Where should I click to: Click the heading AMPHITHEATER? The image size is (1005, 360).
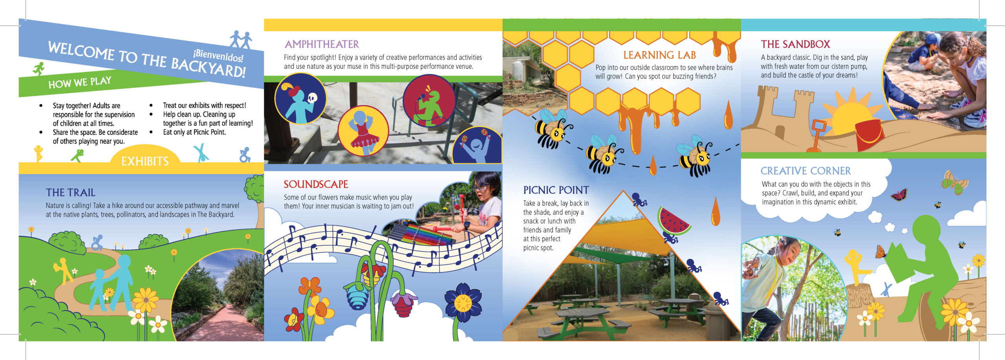(x=322, y=44)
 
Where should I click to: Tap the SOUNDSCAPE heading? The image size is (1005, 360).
(x=316, y=184)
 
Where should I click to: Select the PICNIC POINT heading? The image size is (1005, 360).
(x=556, y=190)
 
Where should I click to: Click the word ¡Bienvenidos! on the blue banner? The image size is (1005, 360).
(x=218, y=56)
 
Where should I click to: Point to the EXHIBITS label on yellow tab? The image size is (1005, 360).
(x=145, y=161)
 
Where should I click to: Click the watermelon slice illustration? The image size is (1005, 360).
(x=674, y=221)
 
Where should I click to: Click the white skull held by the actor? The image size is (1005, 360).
(x=312, y=98)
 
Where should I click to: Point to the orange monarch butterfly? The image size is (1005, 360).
(x=881, y=252)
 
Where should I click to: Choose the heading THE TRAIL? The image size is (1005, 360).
(x=71, y=192)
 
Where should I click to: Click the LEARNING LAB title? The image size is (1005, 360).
(x=660, y=55)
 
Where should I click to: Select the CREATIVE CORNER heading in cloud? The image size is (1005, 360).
(x=806, y=171)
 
